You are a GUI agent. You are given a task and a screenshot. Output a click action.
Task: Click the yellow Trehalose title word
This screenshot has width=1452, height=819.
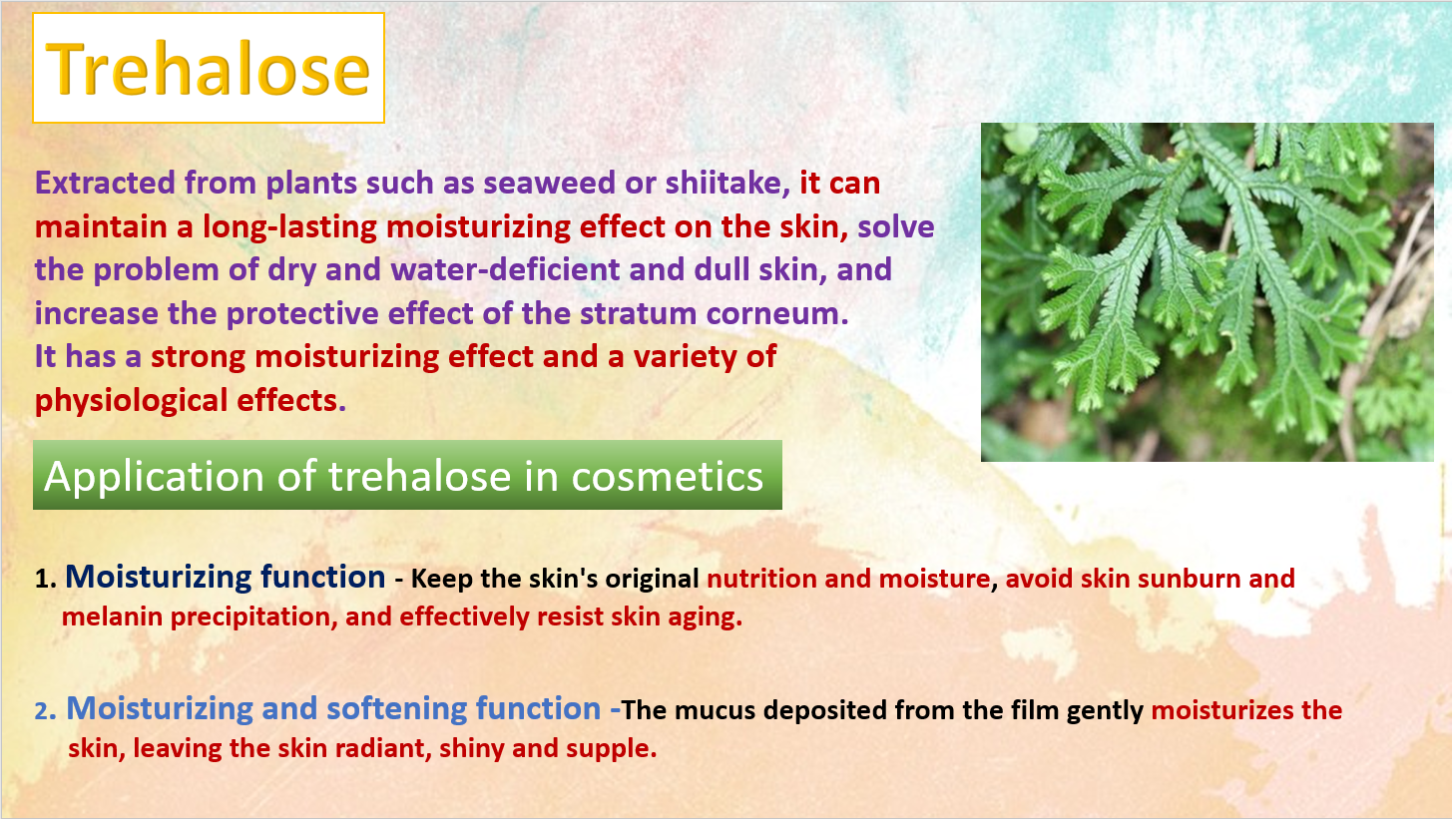point(209,69)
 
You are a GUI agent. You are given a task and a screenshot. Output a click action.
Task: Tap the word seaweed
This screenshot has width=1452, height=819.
point(549,183)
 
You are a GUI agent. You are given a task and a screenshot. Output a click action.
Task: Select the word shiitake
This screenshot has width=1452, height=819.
point(727,183)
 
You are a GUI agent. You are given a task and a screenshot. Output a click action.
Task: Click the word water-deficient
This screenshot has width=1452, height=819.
point(506,269)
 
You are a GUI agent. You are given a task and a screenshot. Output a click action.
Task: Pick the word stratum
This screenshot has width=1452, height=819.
point(639,313)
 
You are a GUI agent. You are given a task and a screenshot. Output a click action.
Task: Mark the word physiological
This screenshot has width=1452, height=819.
point(131,401)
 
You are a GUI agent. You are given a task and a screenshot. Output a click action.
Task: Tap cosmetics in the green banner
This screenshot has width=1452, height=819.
point(667,478)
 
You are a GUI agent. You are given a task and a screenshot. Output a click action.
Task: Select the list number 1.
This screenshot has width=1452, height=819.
point(45,580)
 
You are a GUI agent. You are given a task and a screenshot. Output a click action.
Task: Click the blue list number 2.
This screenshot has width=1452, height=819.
point(45,711)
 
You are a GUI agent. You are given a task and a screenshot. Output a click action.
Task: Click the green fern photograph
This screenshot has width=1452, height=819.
point(1207,292)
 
